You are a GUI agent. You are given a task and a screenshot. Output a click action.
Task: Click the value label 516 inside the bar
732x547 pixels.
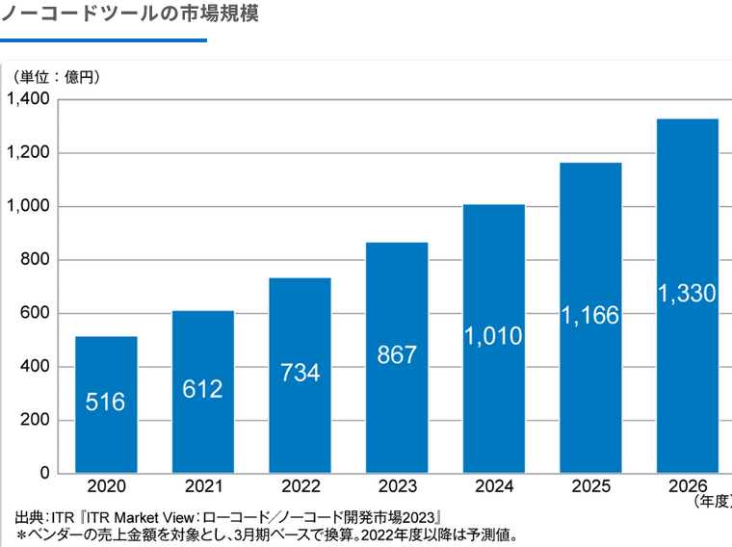click(x=105, y=402)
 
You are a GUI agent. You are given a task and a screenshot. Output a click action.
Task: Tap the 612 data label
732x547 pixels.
click(x=202, y=389)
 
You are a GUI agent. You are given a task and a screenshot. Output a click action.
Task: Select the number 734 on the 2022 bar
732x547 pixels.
click(x=300, y=373)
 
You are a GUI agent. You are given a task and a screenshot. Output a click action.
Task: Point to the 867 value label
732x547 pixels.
click(x=397, y=354)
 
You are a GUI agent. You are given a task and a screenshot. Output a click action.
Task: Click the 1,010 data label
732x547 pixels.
click(x=493, y=336)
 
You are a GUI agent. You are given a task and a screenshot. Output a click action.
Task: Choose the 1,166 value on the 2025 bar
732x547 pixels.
click(x=590, y=315)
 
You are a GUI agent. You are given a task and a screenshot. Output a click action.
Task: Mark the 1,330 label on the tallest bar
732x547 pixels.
click(x=687, y=294)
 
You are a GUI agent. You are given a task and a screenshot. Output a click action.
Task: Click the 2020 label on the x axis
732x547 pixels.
click(x=106, y=485)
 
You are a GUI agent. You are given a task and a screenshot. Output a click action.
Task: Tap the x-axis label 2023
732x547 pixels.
click(x=397, y=485)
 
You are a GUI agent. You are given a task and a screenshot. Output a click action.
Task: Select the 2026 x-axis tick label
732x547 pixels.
click(x=687, y=485)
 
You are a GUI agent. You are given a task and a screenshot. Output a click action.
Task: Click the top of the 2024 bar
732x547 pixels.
click(x=493, y=206)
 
